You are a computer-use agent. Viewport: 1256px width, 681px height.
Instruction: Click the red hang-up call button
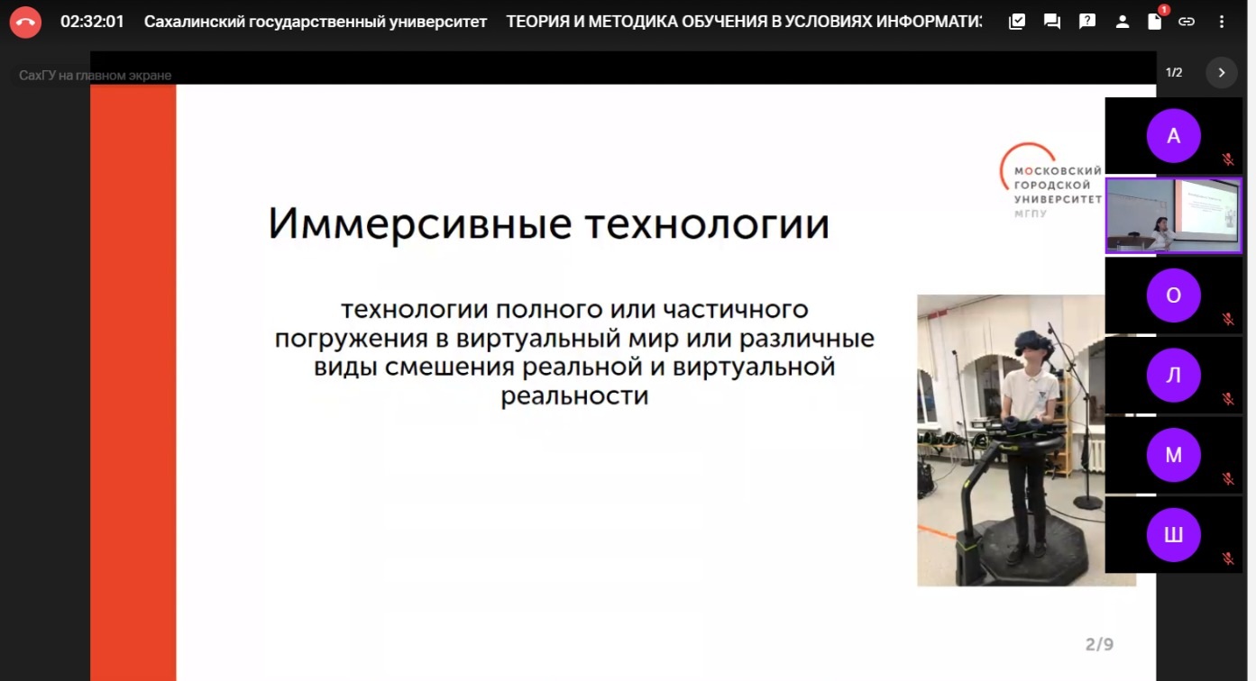[25, 22]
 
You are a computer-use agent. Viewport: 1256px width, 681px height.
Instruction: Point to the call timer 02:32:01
[92, 22]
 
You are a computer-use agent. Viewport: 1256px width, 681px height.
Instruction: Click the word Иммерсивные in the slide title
[419, 223]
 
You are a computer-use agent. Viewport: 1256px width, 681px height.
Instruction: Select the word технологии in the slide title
[707, 223]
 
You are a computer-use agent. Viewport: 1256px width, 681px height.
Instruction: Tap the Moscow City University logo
[1050, 181]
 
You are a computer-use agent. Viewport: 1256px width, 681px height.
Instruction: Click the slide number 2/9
[1099, 644]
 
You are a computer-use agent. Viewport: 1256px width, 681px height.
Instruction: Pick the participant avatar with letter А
[1173, 136]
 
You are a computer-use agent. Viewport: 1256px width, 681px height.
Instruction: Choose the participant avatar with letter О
[1173, 295]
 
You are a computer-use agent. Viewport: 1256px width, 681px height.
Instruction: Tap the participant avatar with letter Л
[1173, 376]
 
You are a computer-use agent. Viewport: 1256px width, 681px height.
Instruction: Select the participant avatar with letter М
[1173, 456]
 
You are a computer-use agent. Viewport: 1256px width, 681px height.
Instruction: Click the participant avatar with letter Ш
[1173, 535]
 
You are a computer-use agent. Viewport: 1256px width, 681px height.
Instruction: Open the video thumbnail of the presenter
[1173, 216]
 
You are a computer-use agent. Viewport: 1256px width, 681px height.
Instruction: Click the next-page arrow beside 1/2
[1222, 73]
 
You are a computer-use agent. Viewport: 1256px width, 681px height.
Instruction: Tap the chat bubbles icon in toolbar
[1051, 22]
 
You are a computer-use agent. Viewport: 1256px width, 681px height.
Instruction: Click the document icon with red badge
[1154, 22]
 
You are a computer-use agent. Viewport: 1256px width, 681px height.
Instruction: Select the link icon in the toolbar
[1187, 22]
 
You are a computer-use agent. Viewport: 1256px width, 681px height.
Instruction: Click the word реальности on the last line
[574, 396]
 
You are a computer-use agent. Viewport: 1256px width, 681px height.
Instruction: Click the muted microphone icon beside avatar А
[1227, 159]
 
